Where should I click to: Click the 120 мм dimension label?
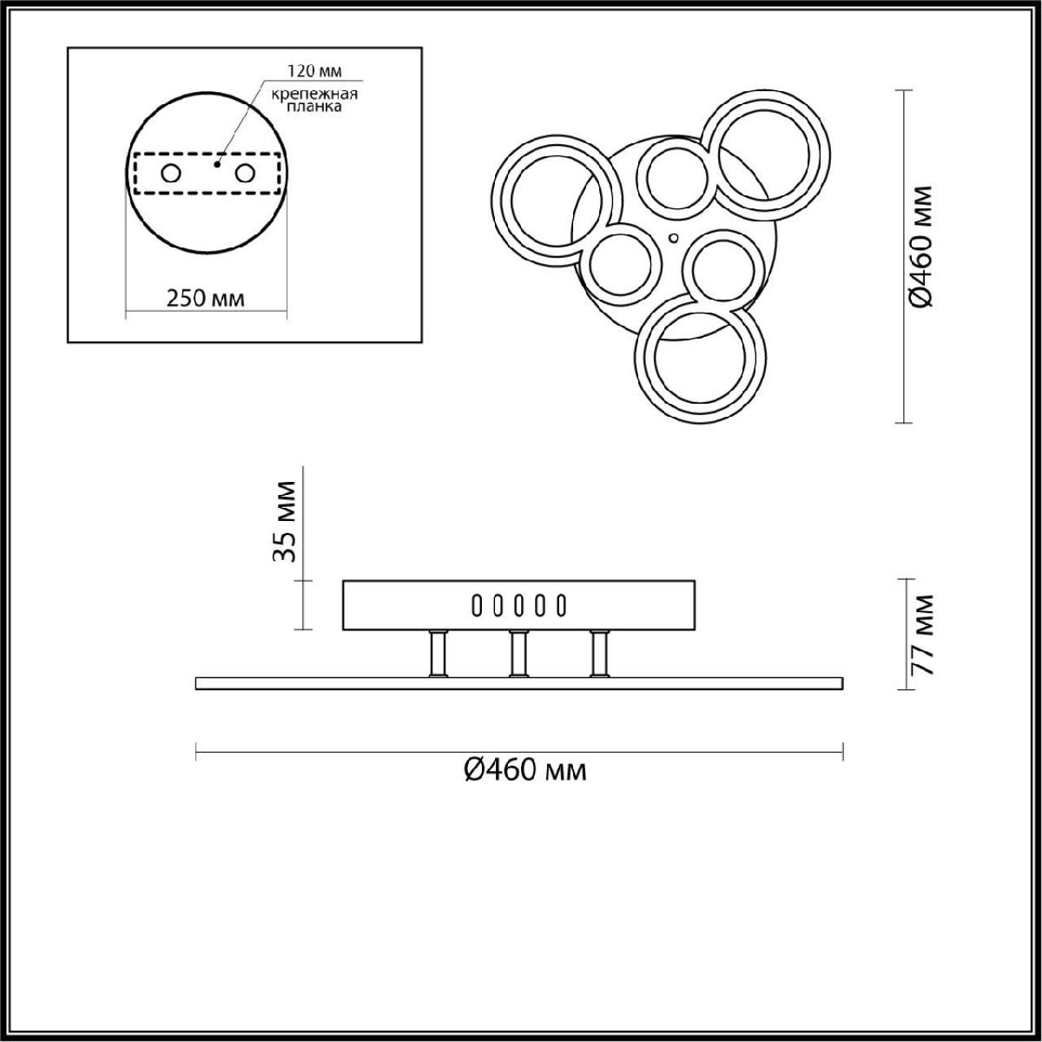314,71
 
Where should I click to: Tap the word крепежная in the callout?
314,94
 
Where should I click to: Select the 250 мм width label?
206,299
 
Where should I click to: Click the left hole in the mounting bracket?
170,174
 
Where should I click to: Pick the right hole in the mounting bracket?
245,174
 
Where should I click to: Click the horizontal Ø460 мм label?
525,769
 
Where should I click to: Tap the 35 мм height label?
285,522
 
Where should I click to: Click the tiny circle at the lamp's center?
674,237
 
